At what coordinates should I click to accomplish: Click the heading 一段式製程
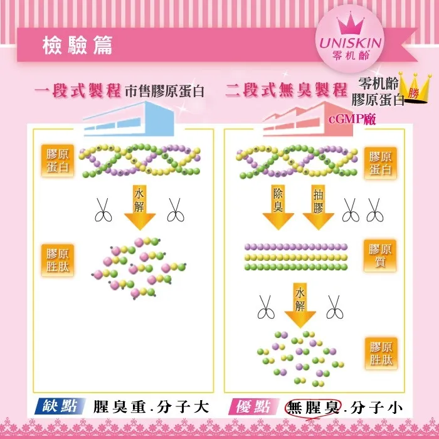pos(77,90)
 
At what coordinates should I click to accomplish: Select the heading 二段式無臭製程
pos(286,90)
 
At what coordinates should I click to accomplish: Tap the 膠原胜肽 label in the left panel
pos(58,261)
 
